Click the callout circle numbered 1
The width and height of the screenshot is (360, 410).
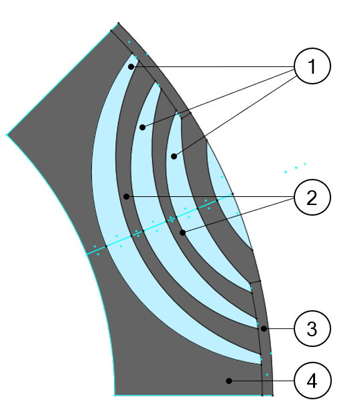pyautogui.click(x=312, y=66)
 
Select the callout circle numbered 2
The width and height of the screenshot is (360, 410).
pyautogui.click(x=312, y=197)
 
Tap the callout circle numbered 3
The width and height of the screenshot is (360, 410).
pyautogui.click(x=312, y=328)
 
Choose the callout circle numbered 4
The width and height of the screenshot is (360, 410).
pyautogui.click(x=312, y=381)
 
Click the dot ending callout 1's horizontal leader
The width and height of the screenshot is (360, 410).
pyautogui.click(x=131, y=67)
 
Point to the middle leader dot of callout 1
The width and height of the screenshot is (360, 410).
pyautogui.click(x=142, y=127)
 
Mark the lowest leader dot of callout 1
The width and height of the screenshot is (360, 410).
pyautogui.click(x=174, y=156)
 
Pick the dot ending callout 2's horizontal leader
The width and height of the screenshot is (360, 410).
pyautogui.click(x=126, y=196)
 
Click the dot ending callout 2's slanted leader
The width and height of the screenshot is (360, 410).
pyautogui.click(x=182, y=232)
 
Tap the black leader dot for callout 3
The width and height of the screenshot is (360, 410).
pyautogui.click(x=263, y=329)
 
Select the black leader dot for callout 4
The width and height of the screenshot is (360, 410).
pyautogui.click(x=229, y=381)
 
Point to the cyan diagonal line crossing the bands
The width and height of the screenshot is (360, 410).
pyautogui.click(x=160, y=224)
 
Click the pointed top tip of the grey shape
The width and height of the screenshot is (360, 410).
pyautogui.click(x=118, y=23)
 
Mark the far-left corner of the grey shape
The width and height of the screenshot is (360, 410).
pyautogui.click(x=7, y=135)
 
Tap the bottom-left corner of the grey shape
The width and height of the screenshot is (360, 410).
pyautogui.click(x=115, y=395)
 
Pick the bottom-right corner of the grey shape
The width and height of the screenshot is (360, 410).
pyautogui.click(x=273, y=395)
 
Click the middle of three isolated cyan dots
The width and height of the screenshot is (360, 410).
pyautogui.click(x=296, y=167)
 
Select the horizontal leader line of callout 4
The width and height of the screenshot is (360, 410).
pyautogui.click(x=261, y=381)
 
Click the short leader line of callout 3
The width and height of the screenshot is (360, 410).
pyautogui.click(x=279, y=329)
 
